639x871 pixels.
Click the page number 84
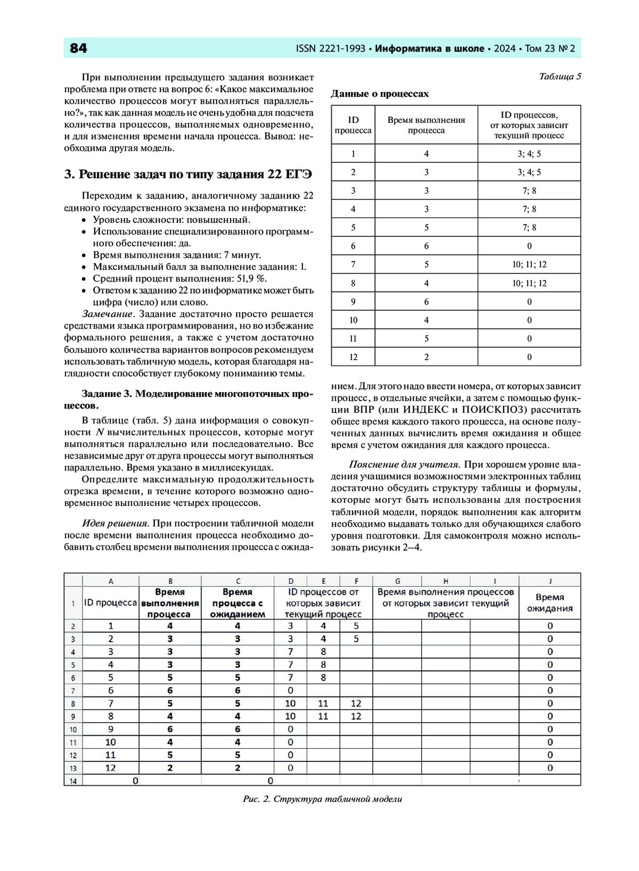click(79, 48)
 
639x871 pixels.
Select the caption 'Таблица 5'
click(560, 76)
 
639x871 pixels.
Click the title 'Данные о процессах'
click(380, 94)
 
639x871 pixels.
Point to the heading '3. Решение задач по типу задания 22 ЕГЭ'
click(188, 175)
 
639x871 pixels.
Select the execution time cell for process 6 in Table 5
click(426, 246)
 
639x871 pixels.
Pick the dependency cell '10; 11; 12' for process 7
click(529, 264)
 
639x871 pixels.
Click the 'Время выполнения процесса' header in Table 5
click(426, 125)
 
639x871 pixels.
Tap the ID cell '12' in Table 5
click(353, 357)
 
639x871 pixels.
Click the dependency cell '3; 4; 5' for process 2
click(529, 172)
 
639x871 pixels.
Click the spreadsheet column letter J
click(550, 580)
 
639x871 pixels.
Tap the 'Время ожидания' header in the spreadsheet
click(550, 603)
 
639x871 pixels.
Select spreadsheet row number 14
click(73, 781)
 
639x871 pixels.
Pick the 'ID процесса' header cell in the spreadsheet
click(111, 603)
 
